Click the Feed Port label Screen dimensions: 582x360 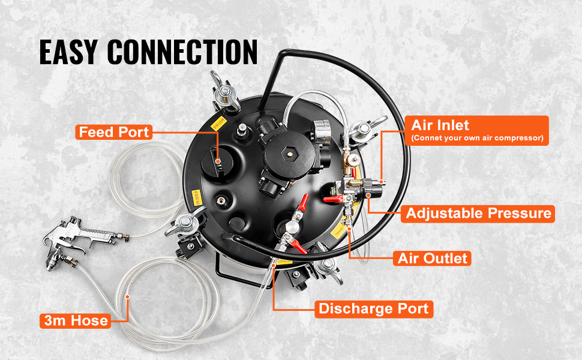pyautogui.click(x=114, y=132)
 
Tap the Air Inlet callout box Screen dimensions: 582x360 pyautogui.click(x=476, y=130)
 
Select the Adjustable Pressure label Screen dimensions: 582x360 pyautogui.click(x=478, y=214)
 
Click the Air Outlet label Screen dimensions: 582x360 pyautogui.click(x=433, y=259)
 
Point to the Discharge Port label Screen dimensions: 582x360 pyautogui.click(x=374, y=309)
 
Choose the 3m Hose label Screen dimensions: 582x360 pyautogui.click(x=76, y=320)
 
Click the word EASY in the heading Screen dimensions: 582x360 pyautogui.click(x=68, y=52)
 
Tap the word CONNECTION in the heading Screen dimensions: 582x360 pyautogui.click(x=182, y=52)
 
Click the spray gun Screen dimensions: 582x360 pyautogui.click(x=85, y=240)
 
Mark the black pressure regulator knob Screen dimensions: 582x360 pyautogui.click(x=374, y=190)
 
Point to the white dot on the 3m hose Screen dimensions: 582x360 pyautogui.click(x=127, y=296)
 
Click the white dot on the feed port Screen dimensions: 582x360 pyautogui.click(x=218, y=161)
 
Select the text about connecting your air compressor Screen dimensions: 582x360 pyautogui.click(x=478, y=138)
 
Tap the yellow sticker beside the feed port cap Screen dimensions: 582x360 pyautogui.click(x=218, y=123)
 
